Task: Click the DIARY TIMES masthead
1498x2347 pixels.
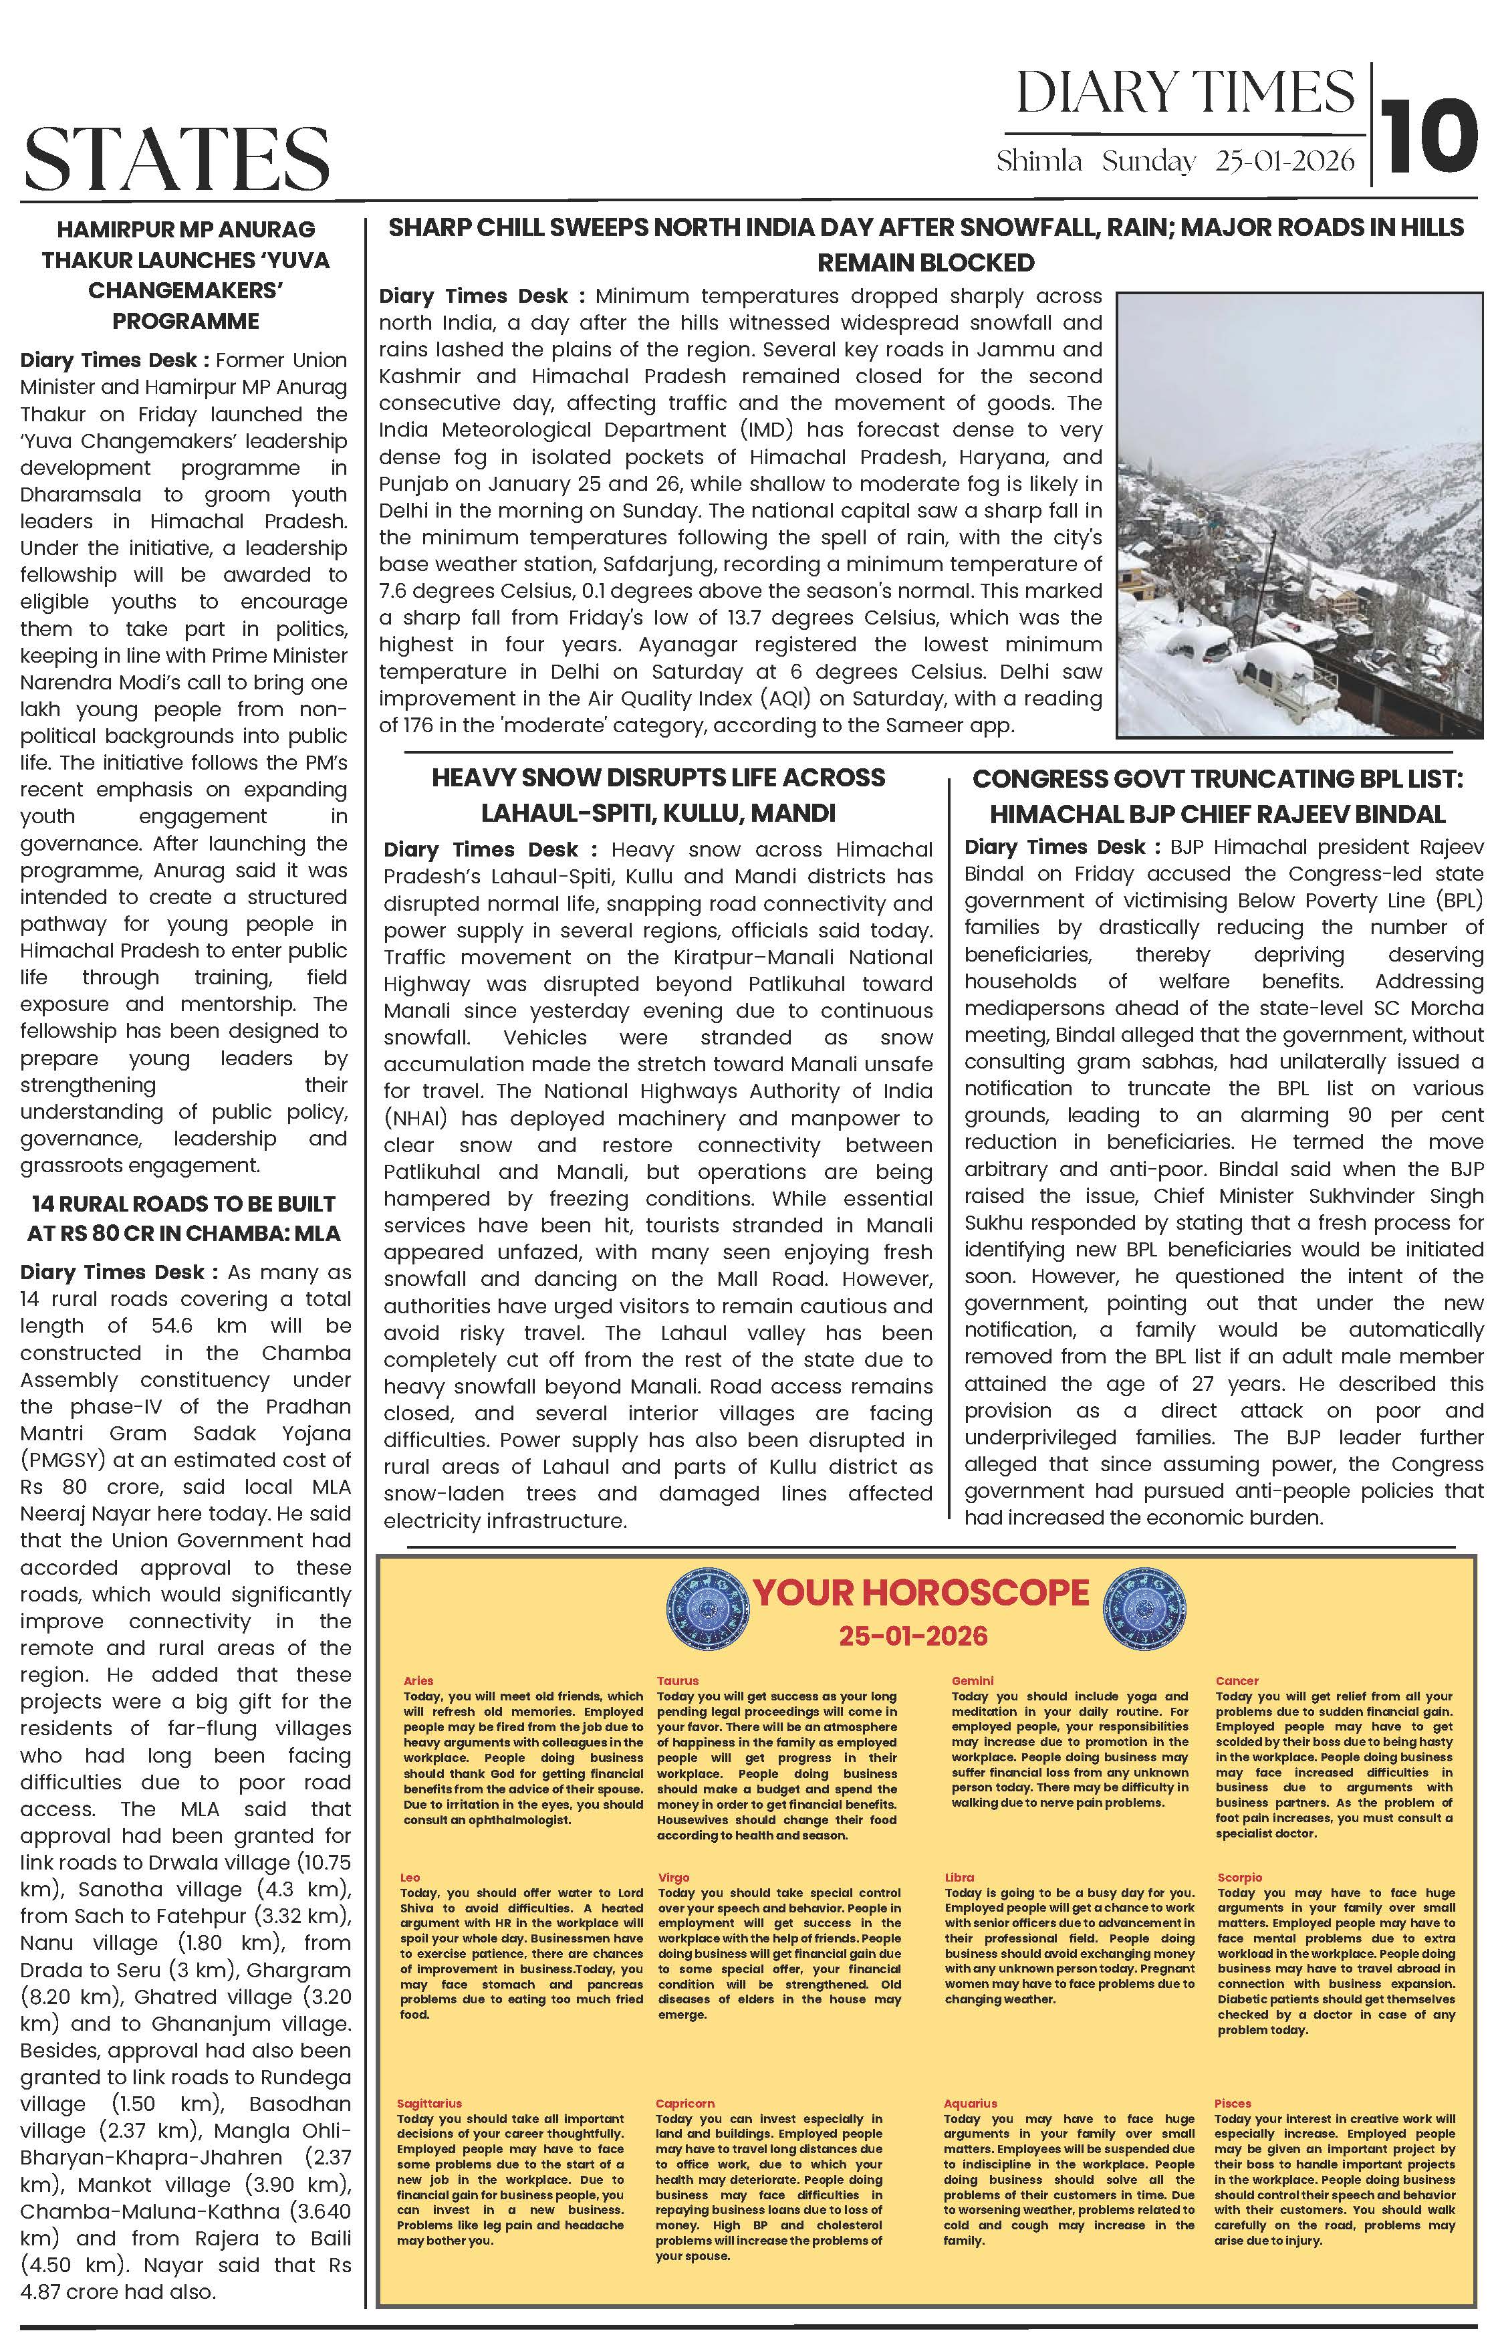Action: pyautogui.click(x=1185, y=92)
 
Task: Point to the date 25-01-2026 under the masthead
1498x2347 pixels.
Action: pyautogui.click(x=1285, y=162)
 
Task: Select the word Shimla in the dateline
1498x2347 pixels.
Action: pyautogui.click(x=1039, y=162)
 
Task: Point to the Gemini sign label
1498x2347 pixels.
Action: pyautogui.click(x=972, y=1680)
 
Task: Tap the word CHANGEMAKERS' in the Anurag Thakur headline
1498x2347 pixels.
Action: pyautogui.click(x=185, y=290)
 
